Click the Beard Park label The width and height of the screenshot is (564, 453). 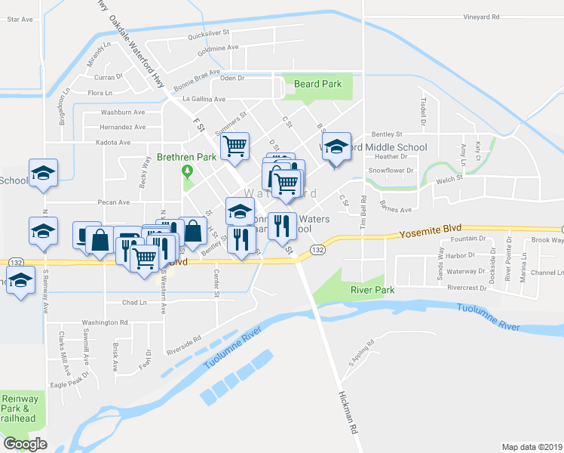pos(318,85)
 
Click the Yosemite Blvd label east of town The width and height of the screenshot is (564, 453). pos(428,234)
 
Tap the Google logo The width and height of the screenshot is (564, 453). pos(25,444)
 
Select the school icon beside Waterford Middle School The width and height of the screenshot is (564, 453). pos(337,146)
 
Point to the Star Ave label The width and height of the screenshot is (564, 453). pos(20,20)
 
